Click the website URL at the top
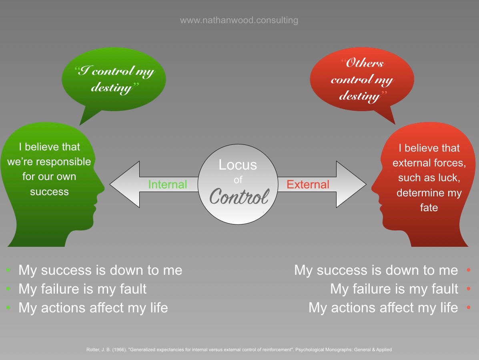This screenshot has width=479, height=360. click(x=239, y=20)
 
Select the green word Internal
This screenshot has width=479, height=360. click(x=167, y=184)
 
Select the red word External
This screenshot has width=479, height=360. click(x=308, y=184)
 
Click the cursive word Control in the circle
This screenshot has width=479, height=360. click(x=239, y=196)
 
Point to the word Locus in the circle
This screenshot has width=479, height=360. click(x=238, y=165)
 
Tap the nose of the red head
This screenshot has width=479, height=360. click(x=373, y=186)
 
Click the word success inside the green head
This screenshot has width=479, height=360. click(x=49, y=192)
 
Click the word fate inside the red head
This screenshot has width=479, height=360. click(x=429, y=208)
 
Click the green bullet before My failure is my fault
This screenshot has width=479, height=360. click(x=8, y=289)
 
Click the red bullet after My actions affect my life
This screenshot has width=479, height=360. click(x=469, y=308)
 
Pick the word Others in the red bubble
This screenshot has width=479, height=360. click(x=365, y=63)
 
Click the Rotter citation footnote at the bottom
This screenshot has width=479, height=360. click(x=239, y=350)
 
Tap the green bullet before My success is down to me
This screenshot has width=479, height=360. click(x=8, y=270)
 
